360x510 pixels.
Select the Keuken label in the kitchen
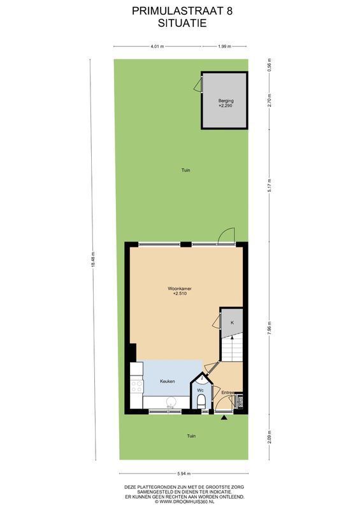167,381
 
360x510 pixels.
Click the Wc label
200,390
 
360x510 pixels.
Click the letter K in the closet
233,323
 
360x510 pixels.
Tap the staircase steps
231,350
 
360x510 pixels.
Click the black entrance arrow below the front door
224,418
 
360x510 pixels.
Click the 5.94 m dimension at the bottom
184,473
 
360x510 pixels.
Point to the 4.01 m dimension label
157,47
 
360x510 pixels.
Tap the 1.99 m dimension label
224,47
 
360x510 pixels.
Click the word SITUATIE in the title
179,22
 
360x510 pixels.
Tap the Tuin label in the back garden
185,170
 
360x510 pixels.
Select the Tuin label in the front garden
191,436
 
